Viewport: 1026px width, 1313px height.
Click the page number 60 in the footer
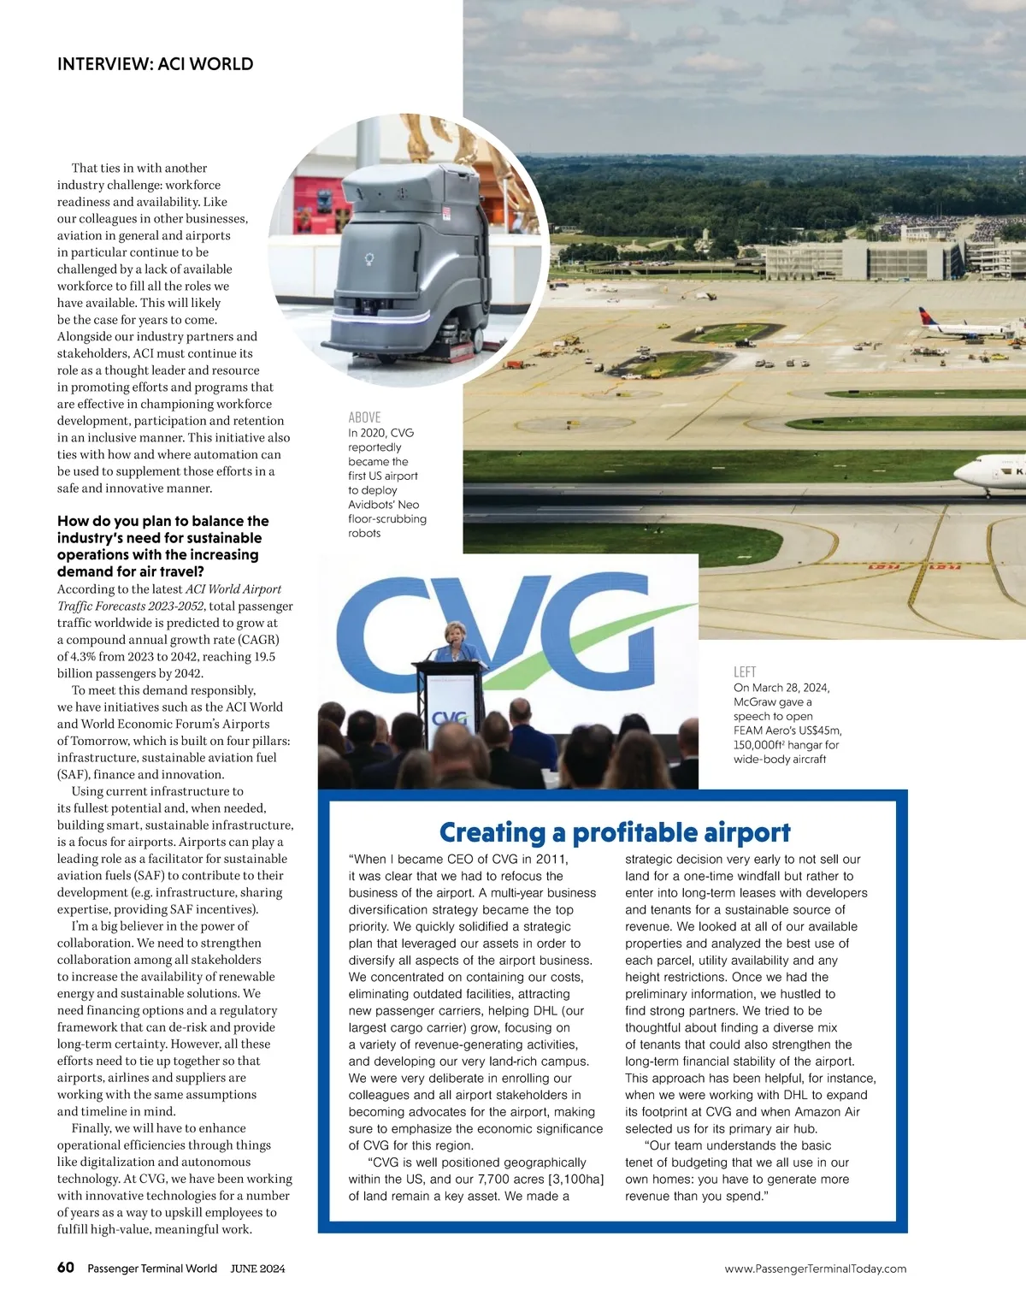[x=66, y=1268]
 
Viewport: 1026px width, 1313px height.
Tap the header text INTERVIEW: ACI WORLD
[x=155, y=64]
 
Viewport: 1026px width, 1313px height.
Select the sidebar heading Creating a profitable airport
[x=614, y=832]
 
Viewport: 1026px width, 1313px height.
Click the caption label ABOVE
[x=364, y=417]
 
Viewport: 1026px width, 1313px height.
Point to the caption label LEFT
[x=745, y=672]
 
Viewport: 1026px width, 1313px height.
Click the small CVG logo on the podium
[x=450, y=719]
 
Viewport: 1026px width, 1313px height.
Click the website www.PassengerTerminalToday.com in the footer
[x=815, y=1269]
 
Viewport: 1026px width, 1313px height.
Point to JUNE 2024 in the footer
[x=257, y=1269]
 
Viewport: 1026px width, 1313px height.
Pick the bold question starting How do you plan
[x=162, y=546]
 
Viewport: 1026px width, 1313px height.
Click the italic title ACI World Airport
[x=233, y=589]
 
